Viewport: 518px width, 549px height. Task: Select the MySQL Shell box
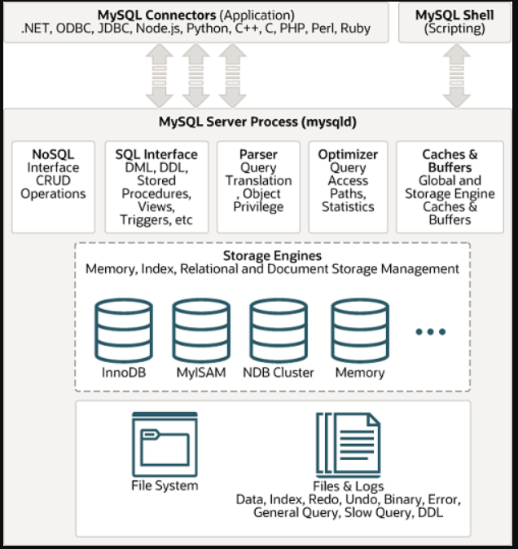(x=454, y=22)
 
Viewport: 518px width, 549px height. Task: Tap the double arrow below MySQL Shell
(x=457, y=75)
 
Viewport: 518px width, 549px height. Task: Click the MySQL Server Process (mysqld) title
(x=257, y=122)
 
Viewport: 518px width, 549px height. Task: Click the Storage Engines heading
(x=272, y=255)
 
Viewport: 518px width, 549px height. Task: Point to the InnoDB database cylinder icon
(x=124, y=330)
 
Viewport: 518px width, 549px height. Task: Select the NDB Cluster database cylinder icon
(x=278, y=330)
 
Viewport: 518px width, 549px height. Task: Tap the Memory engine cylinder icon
(x=359, y=330)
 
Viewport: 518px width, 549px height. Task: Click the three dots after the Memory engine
(x=430, y=332)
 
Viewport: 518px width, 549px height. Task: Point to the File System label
(x=164, y=485)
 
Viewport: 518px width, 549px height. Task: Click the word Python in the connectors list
(x=204, y=29)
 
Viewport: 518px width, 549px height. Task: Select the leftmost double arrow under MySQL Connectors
(x=159, y=75)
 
